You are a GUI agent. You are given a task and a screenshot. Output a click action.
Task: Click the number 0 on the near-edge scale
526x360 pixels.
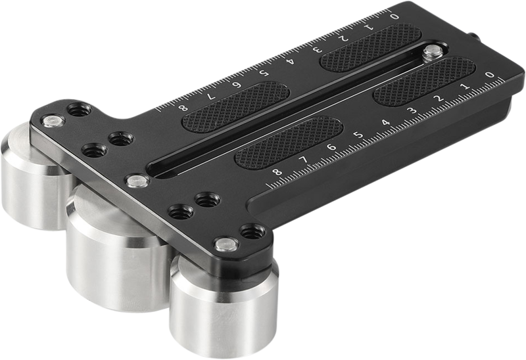[489, 76]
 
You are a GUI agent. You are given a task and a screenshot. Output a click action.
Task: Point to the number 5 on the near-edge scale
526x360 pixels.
[358, 137]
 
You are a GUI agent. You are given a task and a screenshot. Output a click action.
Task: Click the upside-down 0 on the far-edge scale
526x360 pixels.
[393, 16]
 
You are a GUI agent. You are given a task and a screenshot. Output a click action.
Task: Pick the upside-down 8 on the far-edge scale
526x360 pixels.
[182, 109]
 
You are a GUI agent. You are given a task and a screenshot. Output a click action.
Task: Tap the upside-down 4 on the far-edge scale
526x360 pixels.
[290, 62]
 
